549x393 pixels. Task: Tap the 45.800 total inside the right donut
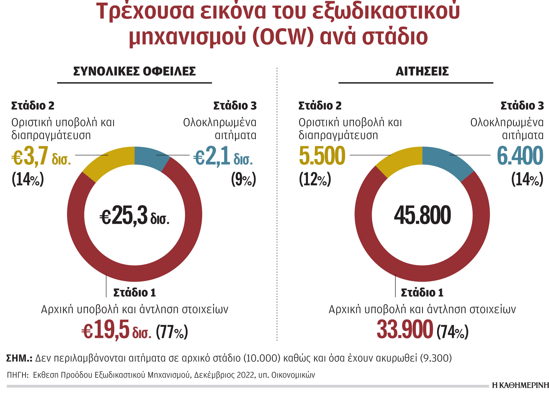422,215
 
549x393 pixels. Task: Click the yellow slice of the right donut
400,161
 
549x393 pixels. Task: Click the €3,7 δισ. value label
41,156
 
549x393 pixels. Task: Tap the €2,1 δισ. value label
223,156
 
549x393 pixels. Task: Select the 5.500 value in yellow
322,156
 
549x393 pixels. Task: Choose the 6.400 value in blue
520,156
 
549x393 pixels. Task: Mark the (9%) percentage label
244,179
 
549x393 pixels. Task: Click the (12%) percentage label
315,179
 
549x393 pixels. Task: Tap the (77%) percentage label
172,332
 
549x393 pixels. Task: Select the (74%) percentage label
452,332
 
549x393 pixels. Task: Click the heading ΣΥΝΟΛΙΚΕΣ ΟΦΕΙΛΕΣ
134,71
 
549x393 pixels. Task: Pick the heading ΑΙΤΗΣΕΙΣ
422,71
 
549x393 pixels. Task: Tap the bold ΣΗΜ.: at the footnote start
19,358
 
